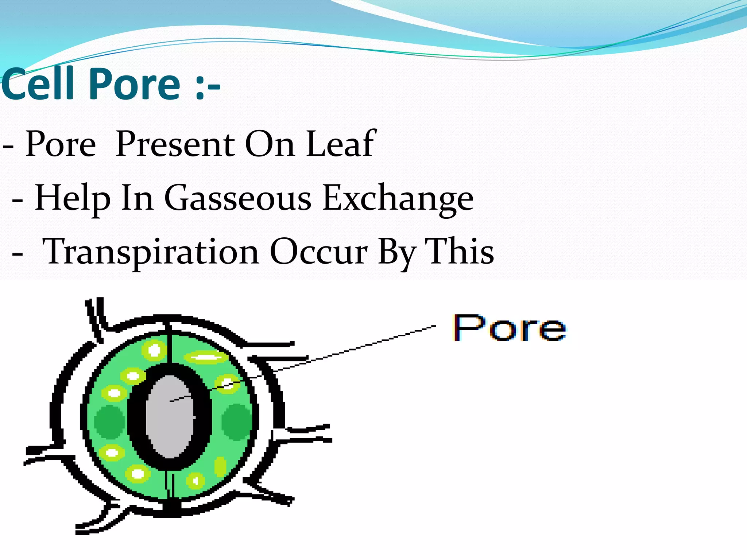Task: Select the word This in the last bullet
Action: click(461, 252)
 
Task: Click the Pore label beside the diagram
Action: click(509, 328)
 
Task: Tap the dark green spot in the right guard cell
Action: click(236, 421)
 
